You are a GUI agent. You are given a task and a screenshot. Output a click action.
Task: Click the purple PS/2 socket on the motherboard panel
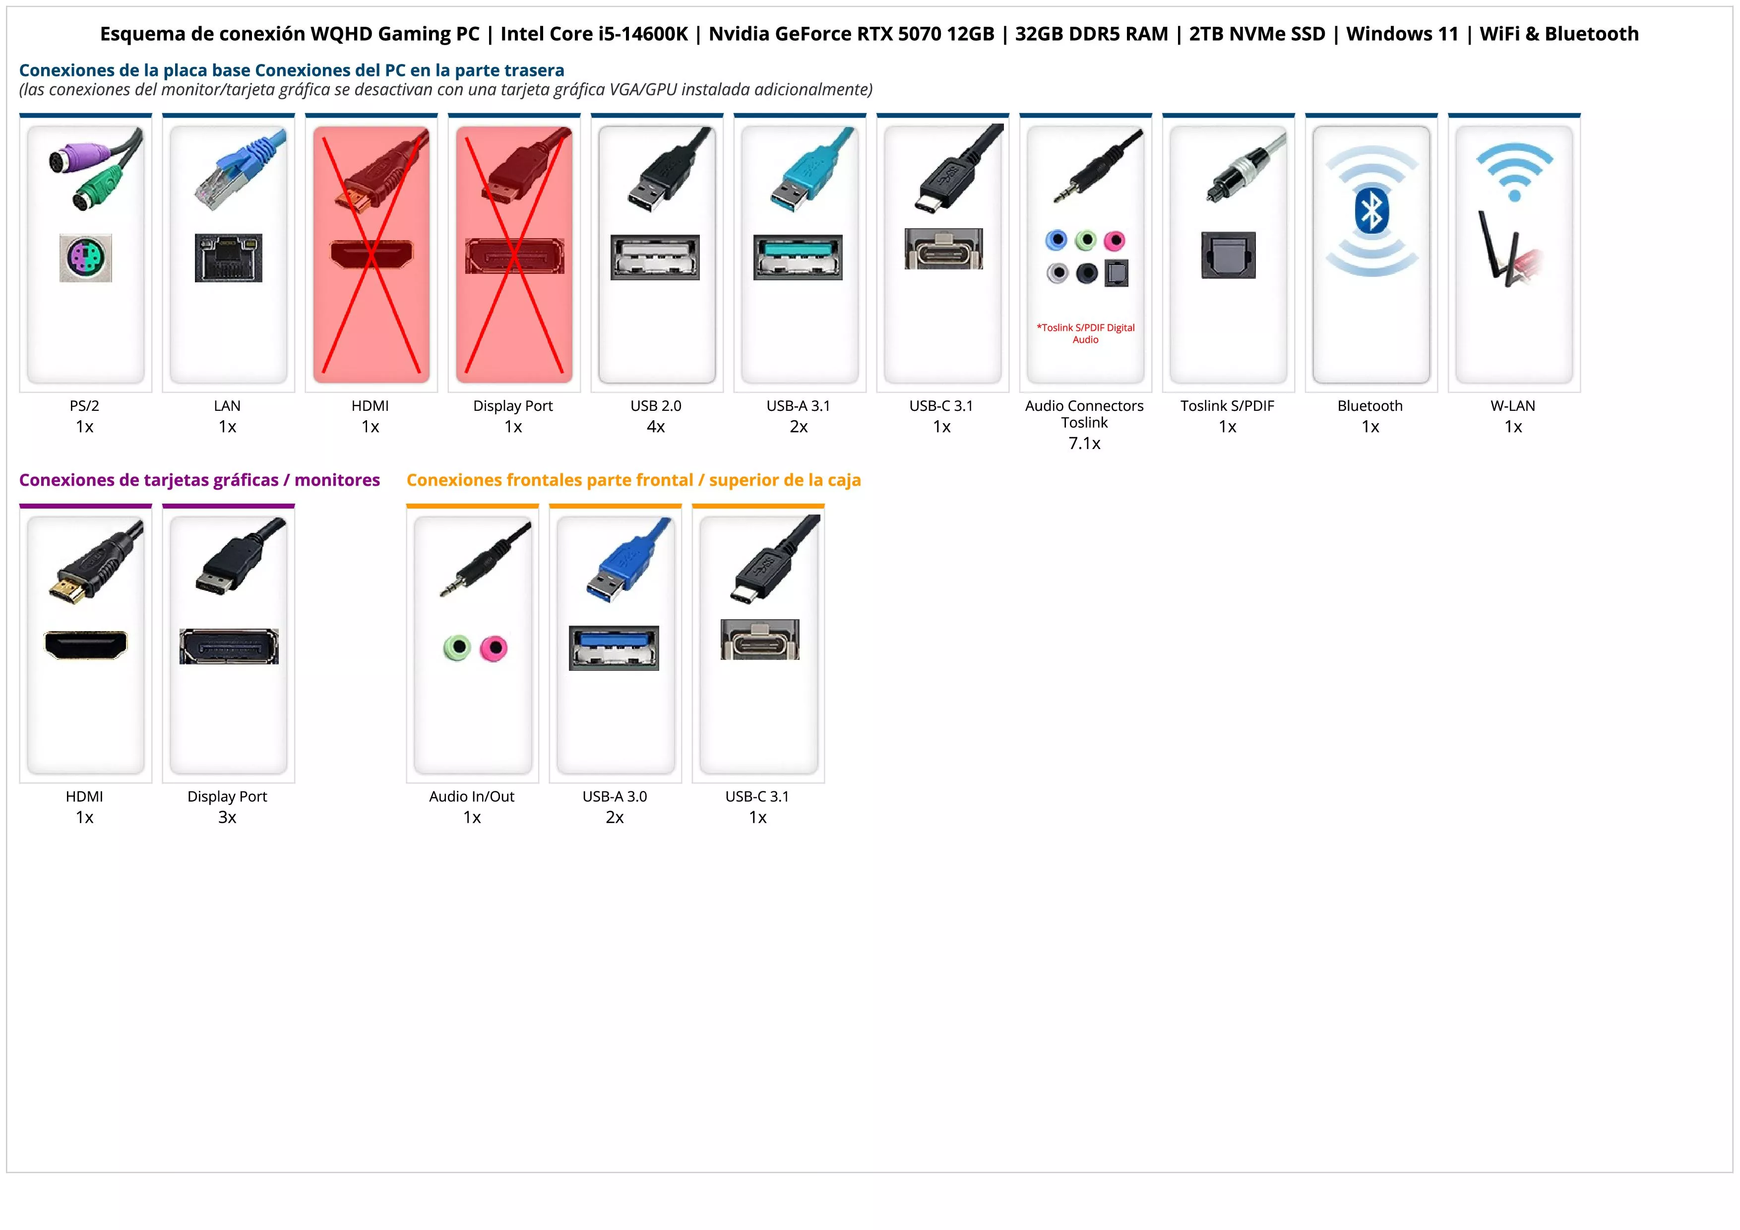point(86,258)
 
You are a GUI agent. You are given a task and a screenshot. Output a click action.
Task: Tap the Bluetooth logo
point(1371,211)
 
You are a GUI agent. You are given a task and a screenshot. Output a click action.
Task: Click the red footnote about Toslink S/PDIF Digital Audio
point(1085,333)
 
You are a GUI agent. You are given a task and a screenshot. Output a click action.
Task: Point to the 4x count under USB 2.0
point(656,427)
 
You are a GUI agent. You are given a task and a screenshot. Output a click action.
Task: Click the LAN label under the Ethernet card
point(227,405)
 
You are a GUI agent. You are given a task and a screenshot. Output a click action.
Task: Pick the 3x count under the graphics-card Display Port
point(227,817)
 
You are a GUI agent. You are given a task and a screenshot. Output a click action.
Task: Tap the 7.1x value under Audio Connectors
point(1084,444)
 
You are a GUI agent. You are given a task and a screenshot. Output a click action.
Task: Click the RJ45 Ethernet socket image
point(228,258)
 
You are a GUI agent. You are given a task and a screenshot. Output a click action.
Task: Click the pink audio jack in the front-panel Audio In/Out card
point(494,648)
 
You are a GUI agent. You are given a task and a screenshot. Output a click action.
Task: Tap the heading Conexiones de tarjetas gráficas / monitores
point(199,480)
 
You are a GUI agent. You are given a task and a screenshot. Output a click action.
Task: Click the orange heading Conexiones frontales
point(633,480)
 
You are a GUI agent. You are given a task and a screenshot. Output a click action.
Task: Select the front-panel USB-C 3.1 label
point(757,796)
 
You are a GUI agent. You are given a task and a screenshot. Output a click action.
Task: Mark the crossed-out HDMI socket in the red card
point(372,254)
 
